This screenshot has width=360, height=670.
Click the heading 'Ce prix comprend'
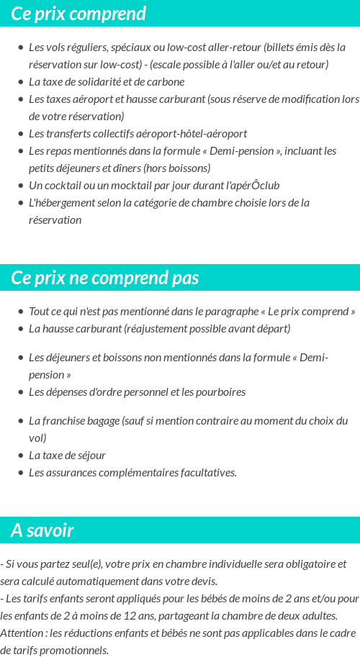pos(78,14)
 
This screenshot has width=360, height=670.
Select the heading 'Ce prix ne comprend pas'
pos(105,278)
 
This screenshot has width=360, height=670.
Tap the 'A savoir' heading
pos(42,530)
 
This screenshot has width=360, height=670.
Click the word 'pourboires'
pos(220,392)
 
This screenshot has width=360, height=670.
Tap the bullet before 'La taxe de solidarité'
pos(20,82)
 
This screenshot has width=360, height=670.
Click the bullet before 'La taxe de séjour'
pos(20,456)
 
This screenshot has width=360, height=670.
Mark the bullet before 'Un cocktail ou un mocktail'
pos(20,186)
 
